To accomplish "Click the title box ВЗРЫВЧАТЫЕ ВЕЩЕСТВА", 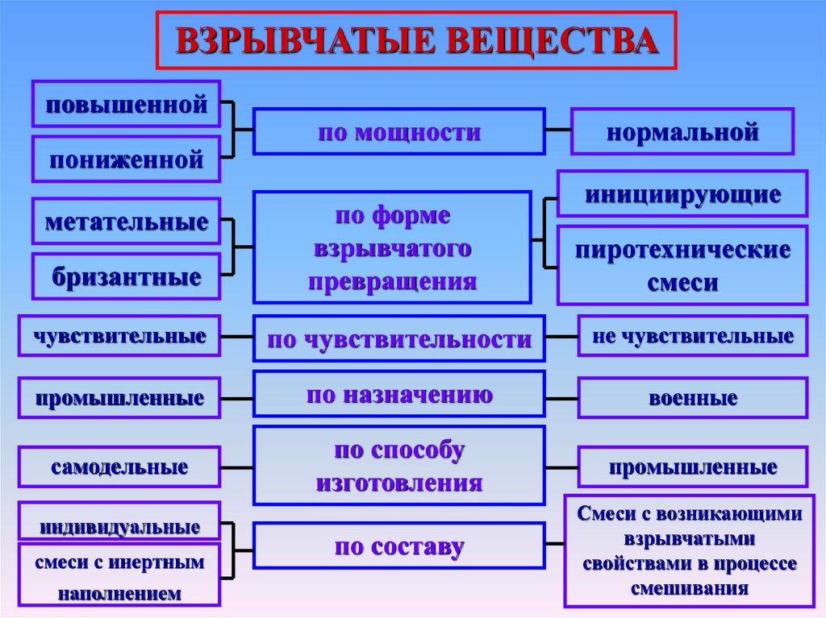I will pos(416,40).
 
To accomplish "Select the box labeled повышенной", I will pos(126,104).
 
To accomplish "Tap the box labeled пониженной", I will pos(126,159).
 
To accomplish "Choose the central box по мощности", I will pos(398,131).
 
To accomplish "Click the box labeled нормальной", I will pos(682,131).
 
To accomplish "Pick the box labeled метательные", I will pos(126,221).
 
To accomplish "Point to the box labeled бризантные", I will pos(126,276).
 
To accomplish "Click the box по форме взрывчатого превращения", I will pos(393,247).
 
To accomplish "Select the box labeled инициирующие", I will pos(682,193).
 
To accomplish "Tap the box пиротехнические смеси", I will pos(682,265).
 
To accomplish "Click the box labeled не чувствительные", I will pos(693,336).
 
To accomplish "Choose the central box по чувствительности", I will pos(398,338).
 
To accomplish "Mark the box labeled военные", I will pos(693,398).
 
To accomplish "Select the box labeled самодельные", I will pos(119,467).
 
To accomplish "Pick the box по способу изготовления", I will pos(398,467).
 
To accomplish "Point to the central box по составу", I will pos(398,546).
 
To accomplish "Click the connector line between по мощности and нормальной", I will pos(558,129).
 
